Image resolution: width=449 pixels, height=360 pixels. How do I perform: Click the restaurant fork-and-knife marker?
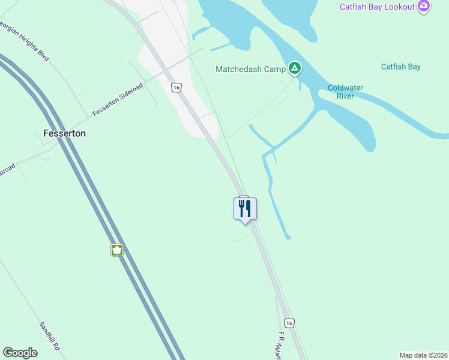[x=245, y=209]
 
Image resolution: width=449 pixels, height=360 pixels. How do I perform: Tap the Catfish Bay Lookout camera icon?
[x=424, y=6]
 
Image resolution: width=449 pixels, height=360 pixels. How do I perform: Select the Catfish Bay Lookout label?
[x=377, y=7]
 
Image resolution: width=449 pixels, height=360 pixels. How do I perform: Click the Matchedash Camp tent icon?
[x=294, y=68]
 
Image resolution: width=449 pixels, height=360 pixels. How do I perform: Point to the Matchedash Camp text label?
[x=250, y=70]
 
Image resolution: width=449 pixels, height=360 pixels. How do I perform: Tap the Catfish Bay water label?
[x=401, y=67]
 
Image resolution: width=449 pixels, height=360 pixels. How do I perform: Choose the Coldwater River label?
[x=345, y=92]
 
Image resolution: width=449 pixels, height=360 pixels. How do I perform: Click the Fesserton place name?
[x=64, y=133]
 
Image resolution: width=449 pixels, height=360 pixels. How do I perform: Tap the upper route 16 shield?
[x=176, y=88]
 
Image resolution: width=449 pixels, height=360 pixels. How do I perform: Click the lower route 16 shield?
[x=289, y=323]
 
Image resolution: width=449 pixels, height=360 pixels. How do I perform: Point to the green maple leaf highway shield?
[x=117, y=250]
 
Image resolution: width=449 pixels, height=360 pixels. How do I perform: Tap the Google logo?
[x=20, y=353]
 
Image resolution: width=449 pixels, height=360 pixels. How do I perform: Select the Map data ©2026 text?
[x=423, y=355]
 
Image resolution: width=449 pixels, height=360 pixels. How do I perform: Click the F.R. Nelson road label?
[x=283, y=346]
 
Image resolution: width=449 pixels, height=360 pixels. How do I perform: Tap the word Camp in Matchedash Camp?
[x=276, y=70]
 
